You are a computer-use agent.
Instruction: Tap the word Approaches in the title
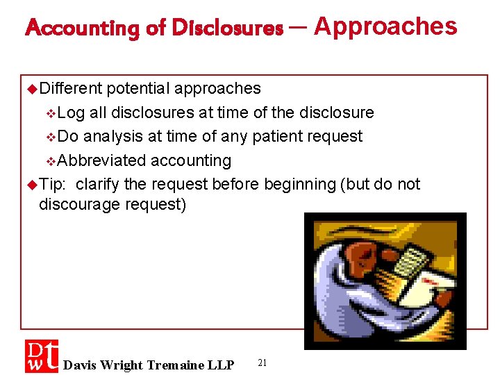coord(385,26)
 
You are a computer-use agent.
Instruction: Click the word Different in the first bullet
coord(71,88)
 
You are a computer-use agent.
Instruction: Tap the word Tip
coord(51,184)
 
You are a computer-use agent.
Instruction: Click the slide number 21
coord(262,362)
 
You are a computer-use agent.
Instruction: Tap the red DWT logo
coord(42,356)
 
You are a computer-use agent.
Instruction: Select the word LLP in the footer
coord(221,365)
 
